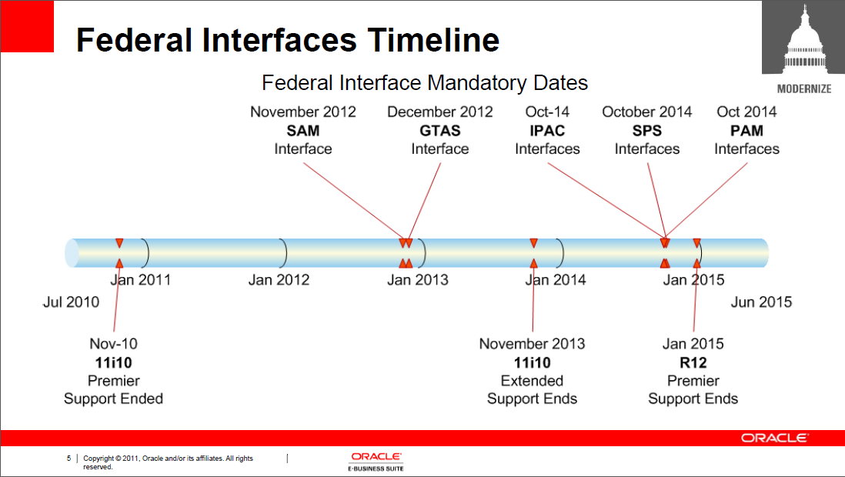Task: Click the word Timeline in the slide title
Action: click(433, 40)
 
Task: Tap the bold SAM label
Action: click(303, 131)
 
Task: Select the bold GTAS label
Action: click(439, 131)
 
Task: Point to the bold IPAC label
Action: click(547, 131)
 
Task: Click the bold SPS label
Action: click(646, 131)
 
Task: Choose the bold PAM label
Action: click(746, 131)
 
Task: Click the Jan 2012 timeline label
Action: click(279, 280)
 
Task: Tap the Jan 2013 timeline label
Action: click(418, 280)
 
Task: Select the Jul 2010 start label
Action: click(71, 302)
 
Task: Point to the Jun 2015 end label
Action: click(761, 302)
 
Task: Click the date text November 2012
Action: click(303, 112)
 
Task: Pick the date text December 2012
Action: click(439, 112)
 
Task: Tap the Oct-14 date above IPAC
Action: click(547, 112)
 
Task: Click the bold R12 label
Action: click(693, 362)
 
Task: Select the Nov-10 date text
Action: click(113, 344)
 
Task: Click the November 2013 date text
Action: click(532, 344)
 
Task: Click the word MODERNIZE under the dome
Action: click(804, 89)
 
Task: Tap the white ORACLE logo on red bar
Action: click(774, 438)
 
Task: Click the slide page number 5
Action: click(68, 458)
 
